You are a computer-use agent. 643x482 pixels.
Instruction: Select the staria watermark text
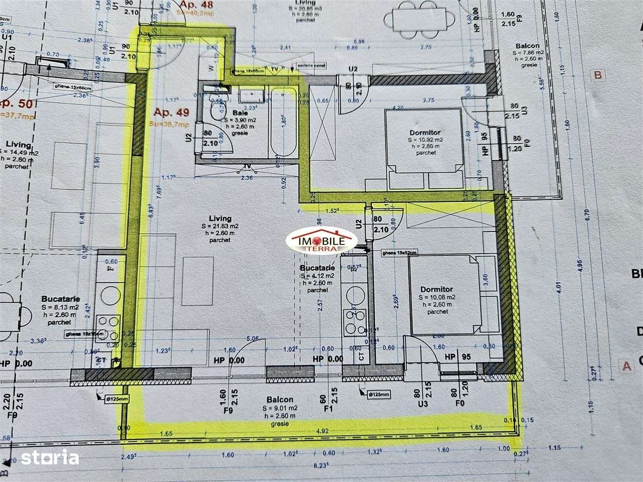coord(57,458)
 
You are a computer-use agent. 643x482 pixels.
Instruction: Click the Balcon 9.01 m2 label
coord(280,400)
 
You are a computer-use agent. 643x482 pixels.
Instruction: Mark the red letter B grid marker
coord(597,75)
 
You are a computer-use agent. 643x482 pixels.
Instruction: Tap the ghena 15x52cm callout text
coord(399,253)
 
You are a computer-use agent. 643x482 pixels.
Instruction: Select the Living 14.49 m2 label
coord(19,145)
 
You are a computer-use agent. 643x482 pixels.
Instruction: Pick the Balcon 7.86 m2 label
coord(526,46)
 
